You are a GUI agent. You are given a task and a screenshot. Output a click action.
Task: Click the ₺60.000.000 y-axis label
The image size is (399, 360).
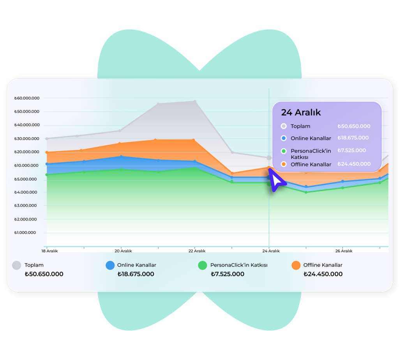coord(26,98)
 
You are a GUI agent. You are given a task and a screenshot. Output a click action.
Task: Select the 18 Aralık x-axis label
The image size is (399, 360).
coord(49,251)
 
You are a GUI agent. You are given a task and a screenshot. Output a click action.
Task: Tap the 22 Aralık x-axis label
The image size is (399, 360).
coord(197,251)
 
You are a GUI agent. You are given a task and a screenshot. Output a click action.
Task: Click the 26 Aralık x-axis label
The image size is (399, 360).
coord(344,251)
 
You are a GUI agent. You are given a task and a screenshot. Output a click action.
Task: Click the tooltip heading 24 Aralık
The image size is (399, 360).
coord(301,112)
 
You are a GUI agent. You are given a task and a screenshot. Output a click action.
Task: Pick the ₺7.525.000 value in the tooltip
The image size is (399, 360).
coord(351,151)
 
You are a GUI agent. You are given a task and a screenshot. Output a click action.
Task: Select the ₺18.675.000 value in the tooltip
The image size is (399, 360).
coord(353,138)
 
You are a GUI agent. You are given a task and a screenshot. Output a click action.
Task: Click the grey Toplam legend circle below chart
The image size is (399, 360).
coord(16,265)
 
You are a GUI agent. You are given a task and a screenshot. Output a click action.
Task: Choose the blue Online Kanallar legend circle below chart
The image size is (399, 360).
coord(110,265)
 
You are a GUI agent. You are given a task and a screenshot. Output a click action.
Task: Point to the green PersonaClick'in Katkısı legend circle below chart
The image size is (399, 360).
coord(203,265)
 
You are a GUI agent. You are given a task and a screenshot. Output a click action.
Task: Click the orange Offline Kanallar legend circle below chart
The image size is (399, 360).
coord(296,265)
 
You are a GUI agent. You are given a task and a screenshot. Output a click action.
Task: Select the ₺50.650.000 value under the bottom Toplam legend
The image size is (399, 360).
coord(44,274)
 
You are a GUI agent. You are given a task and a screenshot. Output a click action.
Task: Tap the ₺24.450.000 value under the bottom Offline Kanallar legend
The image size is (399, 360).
coord(323,274)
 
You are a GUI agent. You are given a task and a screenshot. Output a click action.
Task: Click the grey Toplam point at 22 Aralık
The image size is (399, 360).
coord(195,101)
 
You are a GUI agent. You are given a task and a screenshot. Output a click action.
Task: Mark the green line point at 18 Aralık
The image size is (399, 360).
coord(47,175)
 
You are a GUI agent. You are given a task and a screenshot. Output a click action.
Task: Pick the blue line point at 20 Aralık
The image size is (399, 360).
coord(121,156)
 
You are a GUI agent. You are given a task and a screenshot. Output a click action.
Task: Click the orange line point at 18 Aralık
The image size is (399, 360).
coord(47,152)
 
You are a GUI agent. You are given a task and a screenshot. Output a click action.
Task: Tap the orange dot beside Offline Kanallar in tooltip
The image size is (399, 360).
coord(284,164)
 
